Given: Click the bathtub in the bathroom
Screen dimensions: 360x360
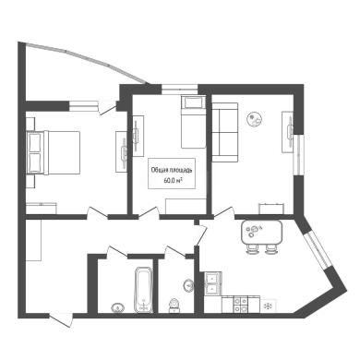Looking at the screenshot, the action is (x=144, y=290).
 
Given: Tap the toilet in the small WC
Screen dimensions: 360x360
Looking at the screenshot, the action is (x=174, y=306).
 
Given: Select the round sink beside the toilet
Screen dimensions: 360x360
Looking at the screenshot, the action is (x=188, y=285).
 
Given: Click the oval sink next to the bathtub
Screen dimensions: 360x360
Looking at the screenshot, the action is (x=118, y=307).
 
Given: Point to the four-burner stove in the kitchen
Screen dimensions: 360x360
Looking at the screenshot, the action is (x=240, y=305).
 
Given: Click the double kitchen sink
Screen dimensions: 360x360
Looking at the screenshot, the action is (x=212, y=283).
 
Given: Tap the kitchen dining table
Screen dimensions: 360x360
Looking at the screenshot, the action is (x=261, y=232).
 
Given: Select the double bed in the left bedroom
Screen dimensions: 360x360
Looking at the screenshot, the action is (x=54, y=153).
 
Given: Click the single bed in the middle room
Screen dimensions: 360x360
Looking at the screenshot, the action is (x=193, y=122).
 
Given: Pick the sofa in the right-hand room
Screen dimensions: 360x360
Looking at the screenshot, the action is (x=225, y=132).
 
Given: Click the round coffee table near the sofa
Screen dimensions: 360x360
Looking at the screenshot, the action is (x=255, y=118).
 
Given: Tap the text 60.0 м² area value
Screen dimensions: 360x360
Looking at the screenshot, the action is (x=172, y=181).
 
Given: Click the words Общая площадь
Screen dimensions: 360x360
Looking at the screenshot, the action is (x=172, y=170).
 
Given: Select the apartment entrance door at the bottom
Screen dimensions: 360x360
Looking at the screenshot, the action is (x=62, y=319).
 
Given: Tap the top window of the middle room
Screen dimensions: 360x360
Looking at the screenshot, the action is (x=180, y=89).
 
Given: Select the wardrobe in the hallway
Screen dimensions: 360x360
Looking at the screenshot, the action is (x=33, y=240).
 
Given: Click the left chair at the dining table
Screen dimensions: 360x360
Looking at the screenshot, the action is (x=252, y=249).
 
